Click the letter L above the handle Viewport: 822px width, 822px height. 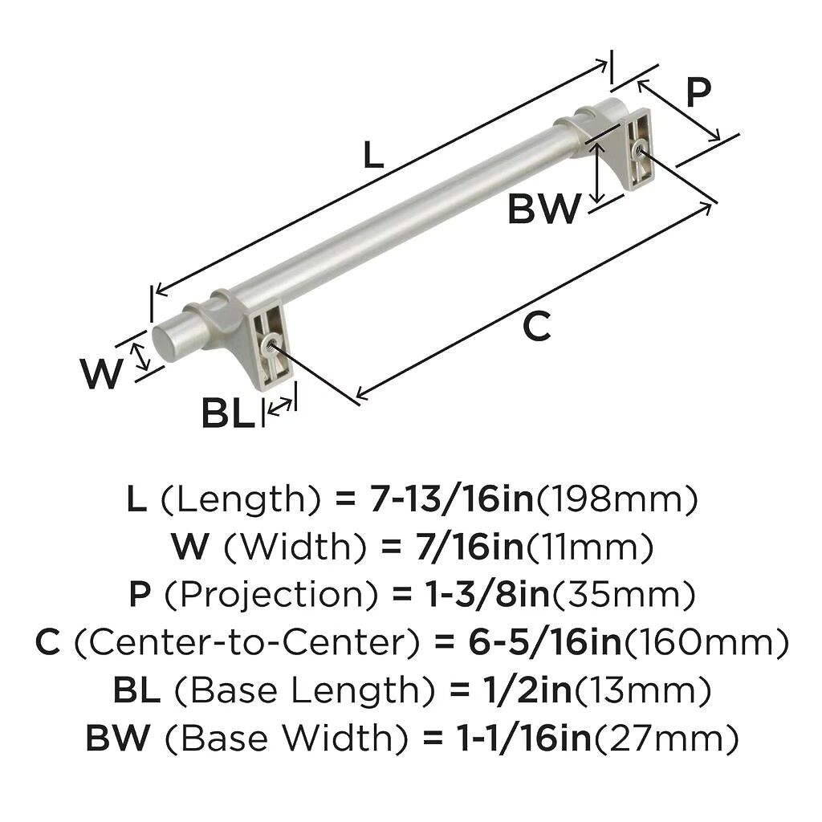click(x=373, y=157)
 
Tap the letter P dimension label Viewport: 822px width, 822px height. click(x=698, y=92)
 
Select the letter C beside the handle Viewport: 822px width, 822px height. click(x=537, y=326)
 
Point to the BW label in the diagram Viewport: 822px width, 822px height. click(x=544, y=209)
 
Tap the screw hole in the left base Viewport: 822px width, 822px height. click(x=270, y=344)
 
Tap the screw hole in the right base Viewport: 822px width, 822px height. click(x=638, y=151)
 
